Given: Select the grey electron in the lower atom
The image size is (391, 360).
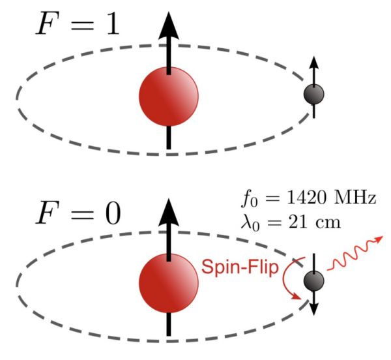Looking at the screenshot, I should (x=314, y=281).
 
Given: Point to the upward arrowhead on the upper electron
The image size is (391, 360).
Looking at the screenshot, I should (x=314, y=63).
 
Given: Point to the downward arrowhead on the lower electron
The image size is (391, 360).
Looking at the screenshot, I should (x=314, y=308).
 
